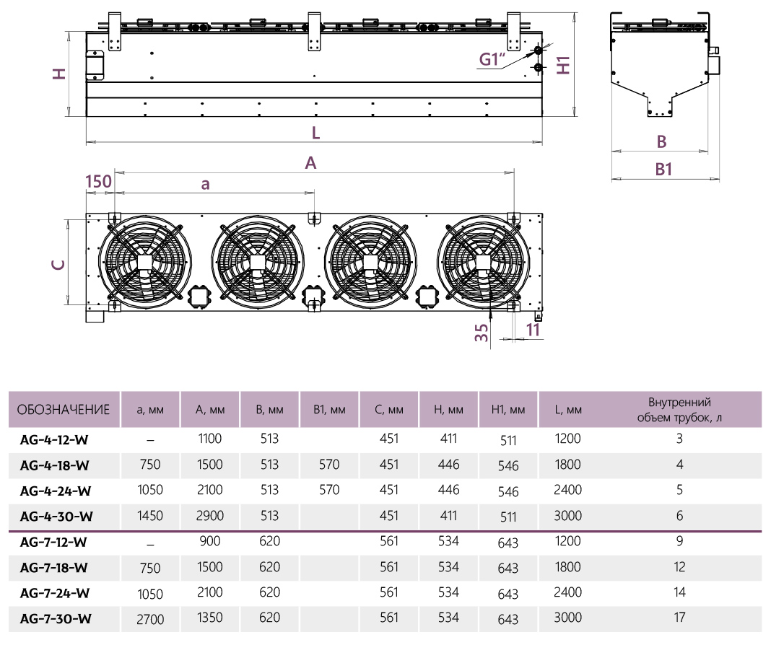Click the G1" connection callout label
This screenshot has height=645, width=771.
coord(492,59)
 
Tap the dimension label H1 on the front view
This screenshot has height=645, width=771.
coord(563,65)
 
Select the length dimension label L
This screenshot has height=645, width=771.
coord(315,133)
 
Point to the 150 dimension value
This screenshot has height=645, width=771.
coord(98,181)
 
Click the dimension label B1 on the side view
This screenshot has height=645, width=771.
coord(663,170)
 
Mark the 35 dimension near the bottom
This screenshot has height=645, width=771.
coord(482,333)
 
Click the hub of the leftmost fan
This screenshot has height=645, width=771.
coord(144,262)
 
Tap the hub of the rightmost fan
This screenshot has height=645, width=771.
coord(482,262)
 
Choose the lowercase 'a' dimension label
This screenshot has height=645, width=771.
coord(206,184)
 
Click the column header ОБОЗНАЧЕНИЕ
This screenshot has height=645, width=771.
coord(64,410)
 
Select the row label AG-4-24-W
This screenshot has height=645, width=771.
coord(56,491)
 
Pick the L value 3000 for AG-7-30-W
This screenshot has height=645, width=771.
coord(568,618)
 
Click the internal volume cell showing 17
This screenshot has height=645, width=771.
coord(679,618)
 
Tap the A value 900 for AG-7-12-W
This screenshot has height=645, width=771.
coord(210,541)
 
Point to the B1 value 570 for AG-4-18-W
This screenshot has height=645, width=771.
coord(329,464)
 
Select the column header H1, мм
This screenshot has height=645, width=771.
coord(508,410)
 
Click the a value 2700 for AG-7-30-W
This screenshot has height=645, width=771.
coord(150,620)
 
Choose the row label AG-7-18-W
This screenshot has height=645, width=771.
coord(53,567)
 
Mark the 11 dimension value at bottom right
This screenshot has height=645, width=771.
coord(533,330)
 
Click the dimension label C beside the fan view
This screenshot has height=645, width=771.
coord(58,264)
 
